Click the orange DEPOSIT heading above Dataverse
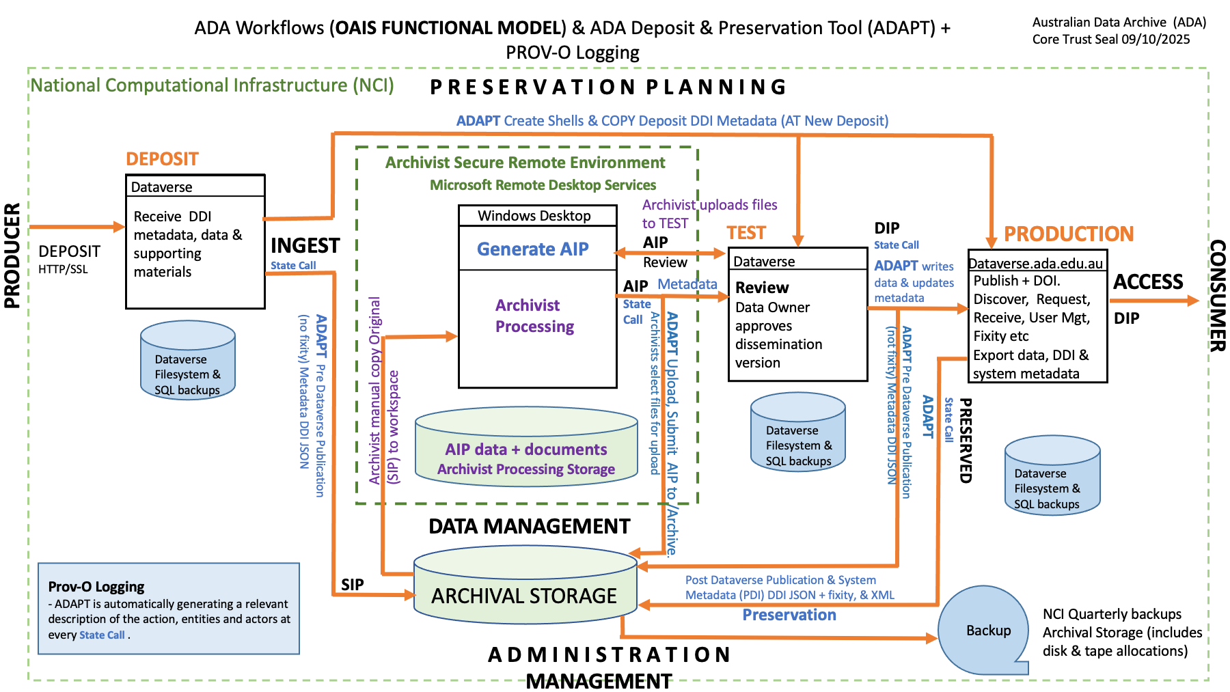click(x=162, y=159)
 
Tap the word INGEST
click(x=305, y=245)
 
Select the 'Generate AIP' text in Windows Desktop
click(x=532, y=249)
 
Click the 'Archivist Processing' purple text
click(x=534, y=316)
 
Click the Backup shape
click(x=985, y=630)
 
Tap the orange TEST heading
click(x=746, y=233)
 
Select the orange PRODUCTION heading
click(x=1068, y=234)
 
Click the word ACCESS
click(x=1147, y=282)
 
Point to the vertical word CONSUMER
click(x=1217, y=295)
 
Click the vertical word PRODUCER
click(x=12, y=255)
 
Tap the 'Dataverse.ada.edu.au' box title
click(x=1036, y=264)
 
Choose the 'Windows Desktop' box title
click(x=534, y=216)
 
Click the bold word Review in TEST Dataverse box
click(x=762, y=288)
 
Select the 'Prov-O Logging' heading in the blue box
click(x=96, y=587)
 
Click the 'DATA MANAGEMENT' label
click(x=529, y=526)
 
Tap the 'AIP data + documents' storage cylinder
click(x=526, y=449)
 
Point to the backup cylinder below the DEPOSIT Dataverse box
click(x=187, y=361)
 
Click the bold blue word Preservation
click(x=789, y=615)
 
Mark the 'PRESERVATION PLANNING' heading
click(x=608, y=87)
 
